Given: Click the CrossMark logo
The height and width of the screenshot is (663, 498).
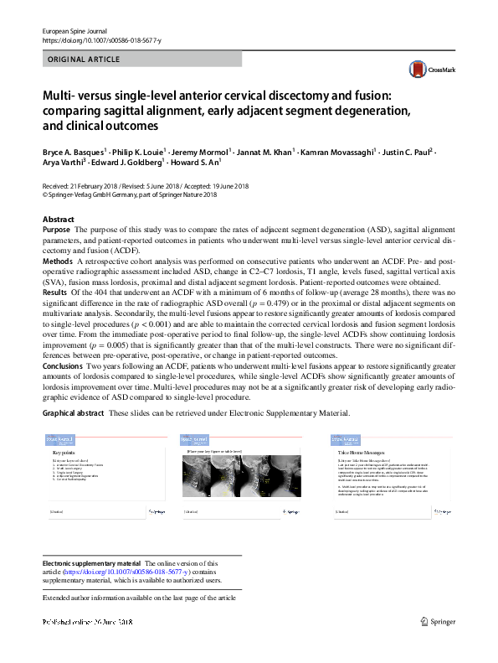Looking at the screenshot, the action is click(424, 70).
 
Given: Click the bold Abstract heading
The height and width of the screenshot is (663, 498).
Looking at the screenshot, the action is click(58, 219).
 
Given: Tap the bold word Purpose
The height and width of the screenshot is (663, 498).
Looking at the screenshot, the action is click(56, 230).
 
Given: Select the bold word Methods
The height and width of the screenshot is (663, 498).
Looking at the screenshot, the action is click(58, 262).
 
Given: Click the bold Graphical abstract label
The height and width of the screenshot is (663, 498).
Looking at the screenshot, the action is click(74, 413).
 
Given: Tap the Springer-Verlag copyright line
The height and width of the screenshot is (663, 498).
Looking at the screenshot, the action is click(129, 194).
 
